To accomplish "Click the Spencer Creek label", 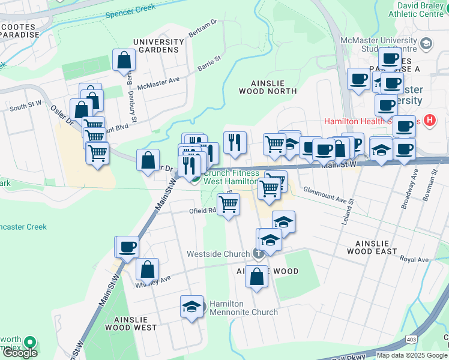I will [130, 10].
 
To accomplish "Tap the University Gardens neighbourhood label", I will [158, 46].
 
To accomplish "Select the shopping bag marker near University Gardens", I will [124, 61].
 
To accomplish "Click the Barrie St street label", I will [209, 63].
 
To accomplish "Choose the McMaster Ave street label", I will [158, 83].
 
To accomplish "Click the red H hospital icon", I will [429, 121].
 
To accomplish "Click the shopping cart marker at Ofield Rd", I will [228, 205].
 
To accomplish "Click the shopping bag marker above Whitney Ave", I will [147, 270].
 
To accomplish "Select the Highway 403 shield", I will [411, 340].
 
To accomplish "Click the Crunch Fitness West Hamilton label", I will [232, 176].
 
